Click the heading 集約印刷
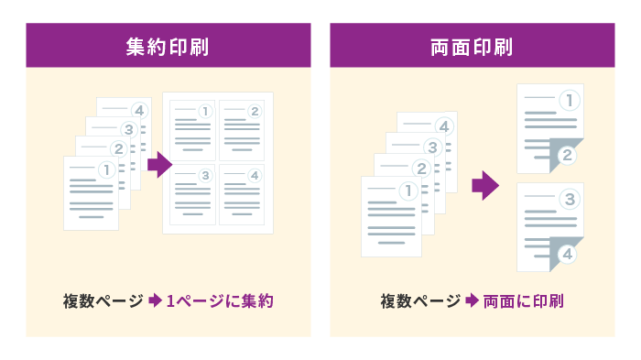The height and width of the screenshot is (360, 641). point(168,46)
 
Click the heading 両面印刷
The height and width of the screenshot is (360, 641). point(472,46)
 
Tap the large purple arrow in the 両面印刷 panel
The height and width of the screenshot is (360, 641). point(484,187)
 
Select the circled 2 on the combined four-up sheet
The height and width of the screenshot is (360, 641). point(255,112)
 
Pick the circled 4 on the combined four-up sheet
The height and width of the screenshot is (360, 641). point(255,175)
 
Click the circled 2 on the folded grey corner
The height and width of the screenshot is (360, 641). point(567,155)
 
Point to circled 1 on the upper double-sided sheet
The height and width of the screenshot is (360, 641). point(569,99)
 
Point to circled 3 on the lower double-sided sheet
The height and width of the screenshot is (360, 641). point(569,198)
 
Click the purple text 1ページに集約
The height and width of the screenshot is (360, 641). point(220,300)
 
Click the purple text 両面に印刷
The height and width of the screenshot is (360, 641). point(523,300)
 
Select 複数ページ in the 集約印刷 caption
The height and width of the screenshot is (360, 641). point(103,300)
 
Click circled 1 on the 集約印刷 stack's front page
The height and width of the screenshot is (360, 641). point(106,169)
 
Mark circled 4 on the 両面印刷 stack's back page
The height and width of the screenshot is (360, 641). point(443,125)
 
